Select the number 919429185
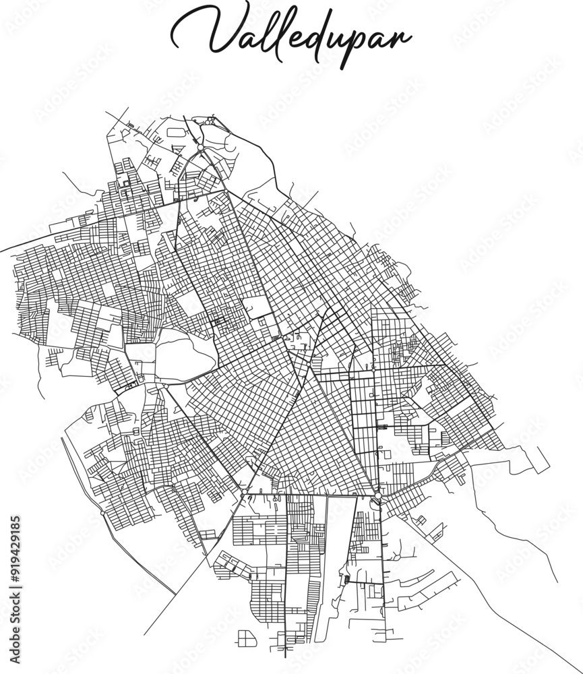(16, 547)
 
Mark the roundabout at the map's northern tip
(200, 147)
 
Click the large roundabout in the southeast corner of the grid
(378, 497)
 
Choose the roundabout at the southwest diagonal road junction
(242, 497)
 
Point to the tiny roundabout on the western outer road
(102, 513)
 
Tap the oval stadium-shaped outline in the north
(176, 133)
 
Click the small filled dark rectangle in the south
(347, 579)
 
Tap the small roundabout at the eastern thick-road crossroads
(372, 369)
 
